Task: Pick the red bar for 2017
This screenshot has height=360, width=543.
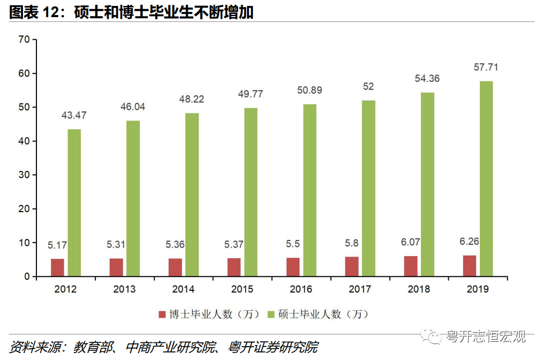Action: click(x=352, y=267)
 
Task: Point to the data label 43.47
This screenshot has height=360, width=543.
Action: click(x=74, y=116)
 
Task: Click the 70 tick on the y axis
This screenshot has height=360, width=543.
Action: click(x=23, y=39)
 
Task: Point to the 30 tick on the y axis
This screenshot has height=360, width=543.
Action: click(x=23, y=175)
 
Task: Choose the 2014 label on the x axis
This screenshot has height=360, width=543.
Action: click(x=183, y=289)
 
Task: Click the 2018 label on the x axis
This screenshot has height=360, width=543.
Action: click(x=419, y=289)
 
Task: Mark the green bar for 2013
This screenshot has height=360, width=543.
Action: click(x=133, y=199)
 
